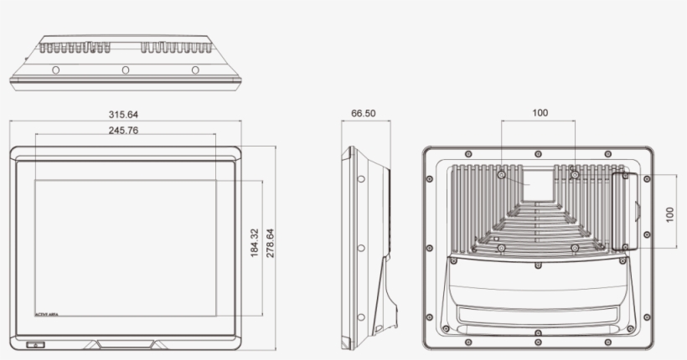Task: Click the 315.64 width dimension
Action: point(123,115)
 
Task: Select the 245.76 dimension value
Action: point(123,130)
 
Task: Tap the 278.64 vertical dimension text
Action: point(270,242)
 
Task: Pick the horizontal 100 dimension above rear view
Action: point(540,113)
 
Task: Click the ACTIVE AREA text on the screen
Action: point(47,313)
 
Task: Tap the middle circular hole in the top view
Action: point(125,69)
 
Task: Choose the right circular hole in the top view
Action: point(195,69)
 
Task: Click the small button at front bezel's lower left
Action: point(35,345)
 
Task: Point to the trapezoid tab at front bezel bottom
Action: point(125,343)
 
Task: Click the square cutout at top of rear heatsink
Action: point(537,183)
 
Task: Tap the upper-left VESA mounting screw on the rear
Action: point(501,176)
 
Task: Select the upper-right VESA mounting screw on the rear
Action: point(575,176)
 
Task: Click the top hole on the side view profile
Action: point(360,178)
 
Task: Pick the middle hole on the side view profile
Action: point(360,249)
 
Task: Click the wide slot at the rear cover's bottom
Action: point(536,316)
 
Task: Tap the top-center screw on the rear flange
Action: point(537,153)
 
